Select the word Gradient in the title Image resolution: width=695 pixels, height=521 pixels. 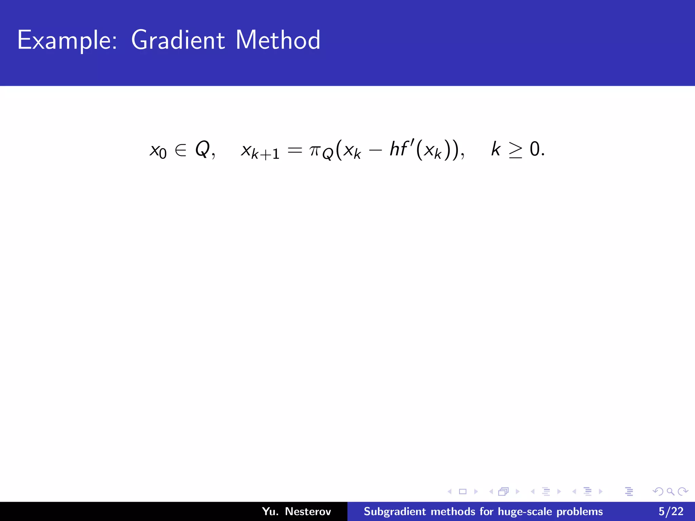coord(177,40)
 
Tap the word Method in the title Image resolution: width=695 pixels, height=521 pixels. coord(278,40)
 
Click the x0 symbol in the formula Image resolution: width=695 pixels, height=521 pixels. coord(158,150)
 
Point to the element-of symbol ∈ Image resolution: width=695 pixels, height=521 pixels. coord(181,150)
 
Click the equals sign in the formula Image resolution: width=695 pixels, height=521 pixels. coord(295,150)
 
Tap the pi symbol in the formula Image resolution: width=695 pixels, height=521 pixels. coord(315,150)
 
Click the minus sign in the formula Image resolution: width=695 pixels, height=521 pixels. coord(375,150)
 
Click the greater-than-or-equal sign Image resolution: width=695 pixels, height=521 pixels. coord(515,150)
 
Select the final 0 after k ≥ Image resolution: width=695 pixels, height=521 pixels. coord(535,149)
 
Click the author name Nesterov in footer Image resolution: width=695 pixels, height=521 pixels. coord(308,512)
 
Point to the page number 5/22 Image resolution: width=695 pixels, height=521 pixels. coord(671,512)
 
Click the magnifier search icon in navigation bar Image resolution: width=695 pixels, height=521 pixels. coord(671,491)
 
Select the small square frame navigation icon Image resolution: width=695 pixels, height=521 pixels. coord(463,491)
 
